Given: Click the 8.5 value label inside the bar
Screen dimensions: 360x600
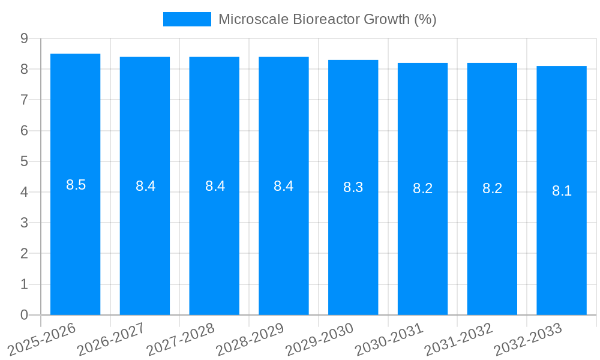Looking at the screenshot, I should point(76,185).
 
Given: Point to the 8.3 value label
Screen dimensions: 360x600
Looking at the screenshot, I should point(353,187).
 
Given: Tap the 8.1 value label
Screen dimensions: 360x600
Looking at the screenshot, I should point(562,191).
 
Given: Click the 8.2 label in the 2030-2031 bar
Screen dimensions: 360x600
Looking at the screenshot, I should point(422,188).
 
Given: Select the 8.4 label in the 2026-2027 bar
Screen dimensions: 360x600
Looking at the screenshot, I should point(145,186).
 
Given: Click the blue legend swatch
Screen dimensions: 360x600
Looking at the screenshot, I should point(187,19).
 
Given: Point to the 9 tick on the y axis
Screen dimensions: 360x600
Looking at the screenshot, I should point(24,38).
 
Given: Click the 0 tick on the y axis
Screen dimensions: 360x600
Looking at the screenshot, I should point(24,315).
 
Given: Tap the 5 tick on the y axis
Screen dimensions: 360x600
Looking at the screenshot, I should point(24,161).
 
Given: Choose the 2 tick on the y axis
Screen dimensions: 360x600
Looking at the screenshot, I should point(24,254).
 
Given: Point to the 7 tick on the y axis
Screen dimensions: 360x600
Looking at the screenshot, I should point(24,100).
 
